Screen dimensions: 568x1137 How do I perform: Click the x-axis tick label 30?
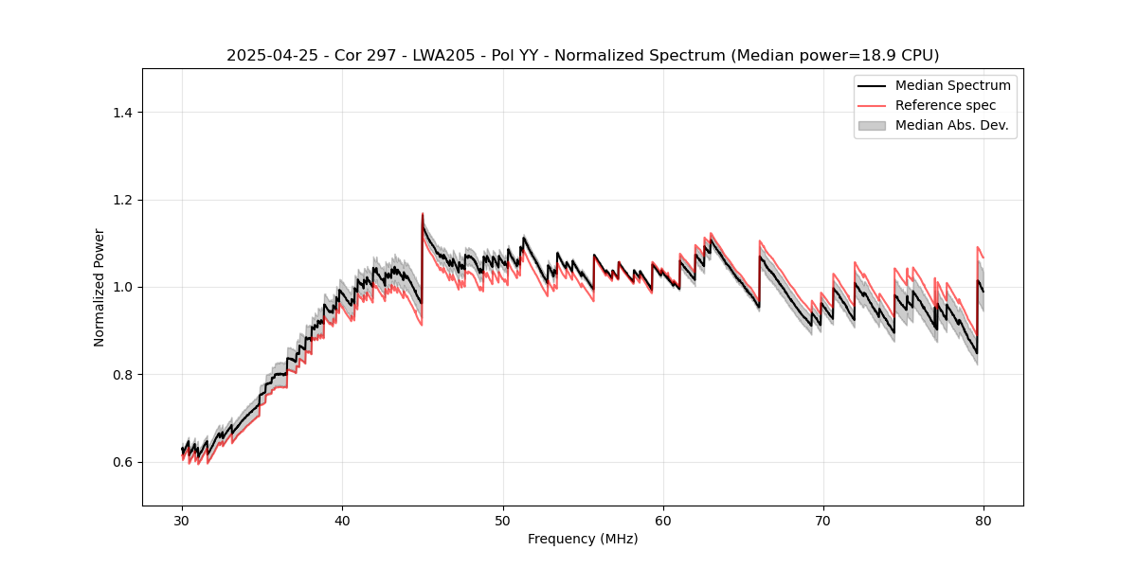182,520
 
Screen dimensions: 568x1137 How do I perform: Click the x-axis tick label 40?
342,520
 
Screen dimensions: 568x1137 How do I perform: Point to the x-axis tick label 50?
502,520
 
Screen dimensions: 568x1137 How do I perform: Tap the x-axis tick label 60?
663,520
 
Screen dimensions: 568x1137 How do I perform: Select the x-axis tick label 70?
823,520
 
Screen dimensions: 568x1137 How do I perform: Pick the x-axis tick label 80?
984,520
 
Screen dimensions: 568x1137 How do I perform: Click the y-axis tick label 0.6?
122,462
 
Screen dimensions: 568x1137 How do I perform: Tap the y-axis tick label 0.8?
122,375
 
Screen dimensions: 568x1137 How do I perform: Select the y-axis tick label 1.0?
122,287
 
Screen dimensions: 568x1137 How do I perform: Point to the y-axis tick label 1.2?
122,200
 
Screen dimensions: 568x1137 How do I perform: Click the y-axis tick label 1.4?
122,113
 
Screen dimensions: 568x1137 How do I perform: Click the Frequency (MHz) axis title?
583,539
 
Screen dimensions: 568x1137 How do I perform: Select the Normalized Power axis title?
99,287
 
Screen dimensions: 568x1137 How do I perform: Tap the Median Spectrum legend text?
952,85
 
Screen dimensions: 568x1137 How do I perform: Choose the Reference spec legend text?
946,105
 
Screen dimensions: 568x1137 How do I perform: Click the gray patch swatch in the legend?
872,125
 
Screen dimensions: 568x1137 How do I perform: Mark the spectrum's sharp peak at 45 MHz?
423,215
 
